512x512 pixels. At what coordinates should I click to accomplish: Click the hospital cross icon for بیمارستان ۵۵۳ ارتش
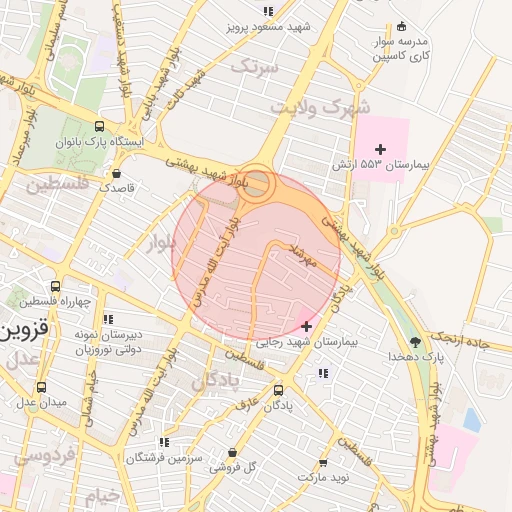point(379,149)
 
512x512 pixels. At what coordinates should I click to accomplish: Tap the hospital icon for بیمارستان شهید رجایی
point(306,327)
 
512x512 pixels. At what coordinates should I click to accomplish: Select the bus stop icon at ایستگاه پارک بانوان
point(99,127)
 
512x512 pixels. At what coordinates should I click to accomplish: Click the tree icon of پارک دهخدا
point(415,342)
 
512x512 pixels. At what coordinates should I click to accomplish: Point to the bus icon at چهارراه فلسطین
point(55,287)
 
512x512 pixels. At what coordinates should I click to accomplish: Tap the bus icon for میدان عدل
point(41,386)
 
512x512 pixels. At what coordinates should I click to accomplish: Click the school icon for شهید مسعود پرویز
point(267,11)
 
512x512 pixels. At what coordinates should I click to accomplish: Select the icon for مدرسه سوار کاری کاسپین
point(401,26)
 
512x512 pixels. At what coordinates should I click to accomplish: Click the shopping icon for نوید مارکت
point(322,464)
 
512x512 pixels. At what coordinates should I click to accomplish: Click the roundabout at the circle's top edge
point(258,183)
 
